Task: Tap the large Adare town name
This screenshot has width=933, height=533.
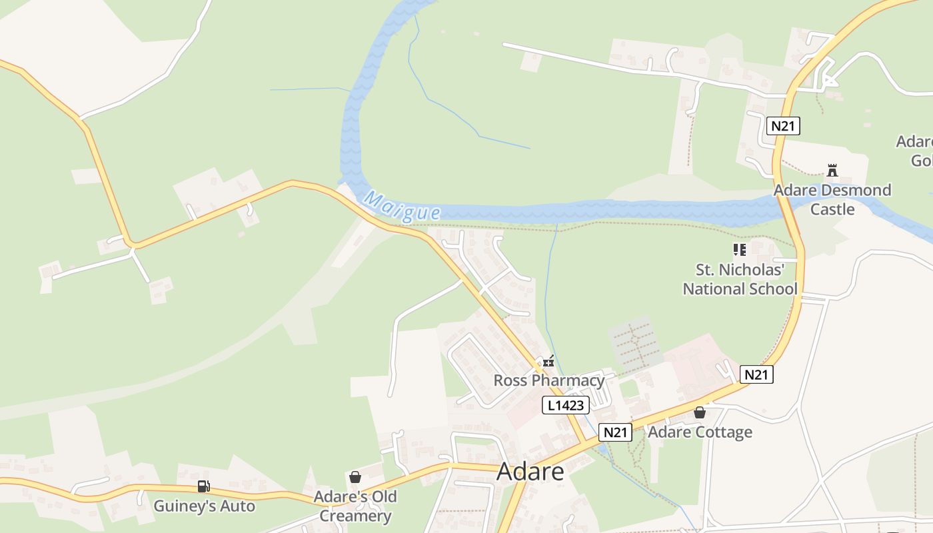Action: pyautogui.click(x=530, y=471)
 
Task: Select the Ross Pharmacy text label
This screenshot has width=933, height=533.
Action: pyautogui.click(x=548, y=380)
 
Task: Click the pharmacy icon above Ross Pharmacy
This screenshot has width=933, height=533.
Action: pyautogui.click(x=548, y=362)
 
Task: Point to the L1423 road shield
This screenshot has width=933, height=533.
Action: pyautogui.click(x=565, y=405)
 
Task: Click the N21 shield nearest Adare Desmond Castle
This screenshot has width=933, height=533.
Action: pyautogui.click(x=782, y=126)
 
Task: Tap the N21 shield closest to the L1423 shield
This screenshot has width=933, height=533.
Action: pyautogui.click(x=614, y=432)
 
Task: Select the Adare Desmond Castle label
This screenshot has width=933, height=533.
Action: pyautogui.click(x=832, y=199)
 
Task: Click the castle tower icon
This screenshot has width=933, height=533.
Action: pyautogui.click(x=832, y=171)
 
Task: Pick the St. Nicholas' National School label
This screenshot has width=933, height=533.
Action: pyautogui.click(x=740, y=279)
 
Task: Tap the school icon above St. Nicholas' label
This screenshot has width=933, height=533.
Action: pyautogui.click(x=739, y=250)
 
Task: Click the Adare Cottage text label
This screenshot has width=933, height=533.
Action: pyautogui.click(x=700, y=432)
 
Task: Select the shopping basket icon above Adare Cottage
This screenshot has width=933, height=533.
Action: pyautogui.click(x=699, y=412)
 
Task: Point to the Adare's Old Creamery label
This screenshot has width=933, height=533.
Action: pyautogui.click(x=355, y=506)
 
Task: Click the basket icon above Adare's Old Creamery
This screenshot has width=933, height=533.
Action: pyautogui.click(x=355, y=477)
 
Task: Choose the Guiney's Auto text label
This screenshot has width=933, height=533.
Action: pyautogui.click(x=204, y=506)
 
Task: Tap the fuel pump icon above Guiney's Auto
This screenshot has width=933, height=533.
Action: pyautogui.click(x=203, y=486)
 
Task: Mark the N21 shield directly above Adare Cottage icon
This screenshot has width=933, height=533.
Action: pyautogui.click(x=756, y=374)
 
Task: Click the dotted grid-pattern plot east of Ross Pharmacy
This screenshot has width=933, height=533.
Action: pyautogui.click(x=634, y=345)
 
